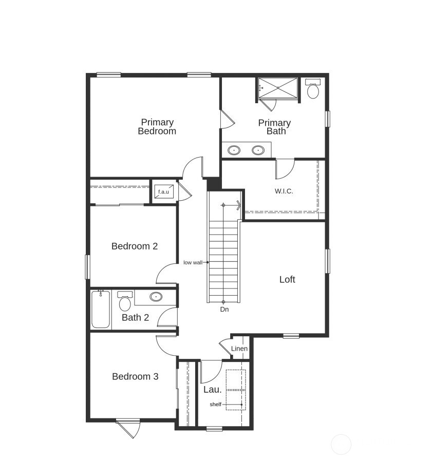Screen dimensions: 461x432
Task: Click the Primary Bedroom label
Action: (157, 126)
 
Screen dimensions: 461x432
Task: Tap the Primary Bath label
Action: (274, 127)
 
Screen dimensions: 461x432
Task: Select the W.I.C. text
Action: (284, 191)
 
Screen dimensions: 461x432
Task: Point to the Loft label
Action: (287, 279)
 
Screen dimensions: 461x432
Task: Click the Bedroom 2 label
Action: (135, 246)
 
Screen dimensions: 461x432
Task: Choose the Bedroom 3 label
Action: (135, 376)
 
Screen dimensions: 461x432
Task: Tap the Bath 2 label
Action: (135, 317)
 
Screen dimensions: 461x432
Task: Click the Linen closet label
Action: (239, 349)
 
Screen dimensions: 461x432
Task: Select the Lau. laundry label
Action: (212, 389)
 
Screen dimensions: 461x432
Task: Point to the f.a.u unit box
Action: (163, 191)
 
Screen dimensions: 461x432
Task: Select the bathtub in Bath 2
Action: (101, 309)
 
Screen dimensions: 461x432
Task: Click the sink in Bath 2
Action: (156, 297)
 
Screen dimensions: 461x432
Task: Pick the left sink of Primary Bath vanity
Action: (234, 150)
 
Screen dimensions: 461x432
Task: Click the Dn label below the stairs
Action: (224, 309)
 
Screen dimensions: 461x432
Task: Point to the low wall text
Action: (193, 262)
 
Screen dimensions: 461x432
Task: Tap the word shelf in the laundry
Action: (215, 405)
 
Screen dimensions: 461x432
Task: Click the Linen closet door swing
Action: (224, 347)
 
